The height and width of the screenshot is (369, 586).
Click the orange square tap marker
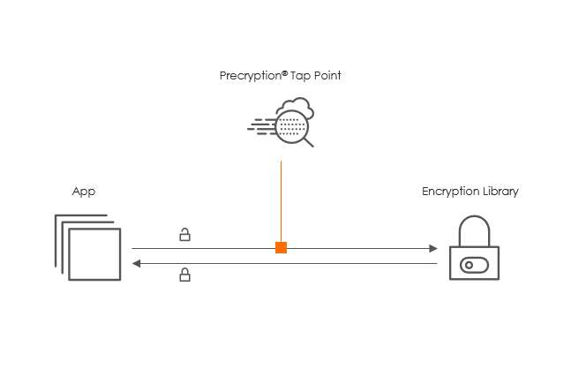(x=281, y=247)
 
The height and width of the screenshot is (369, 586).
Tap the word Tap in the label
(x=299, y=77)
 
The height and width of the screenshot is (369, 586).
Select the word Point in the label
(x=327, y=77)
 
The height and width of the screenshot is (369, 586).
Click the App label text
(x=83, y=191)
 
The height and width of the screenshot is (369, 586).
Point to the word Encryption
(x=449, y=192)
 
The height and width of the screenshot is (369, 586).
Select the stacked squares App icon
(x=87, y=247)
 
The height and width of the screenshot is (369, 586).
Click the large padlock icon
(x=474, y=252)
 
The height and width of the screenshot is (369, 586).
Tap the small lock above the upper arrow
(x=184, y=235)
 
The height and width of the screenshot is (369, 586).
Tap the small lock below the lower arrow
(x=184, y=275)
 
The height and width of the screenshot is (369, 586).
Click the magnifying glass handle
(x=308, y=141)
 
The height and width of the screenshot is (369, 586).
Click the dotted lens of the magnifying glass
(x=290, y=127)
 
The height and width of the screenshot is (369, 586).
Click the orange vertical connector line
(x=281, y=199)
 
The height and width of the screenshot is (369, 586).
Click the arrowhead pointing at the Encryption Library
(x=433, y=248)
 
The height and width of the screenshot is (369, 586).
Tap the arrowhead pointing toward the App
(x=137, y=263)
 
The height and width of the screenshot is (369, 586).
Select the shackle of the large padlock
(x=474, y=230)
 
